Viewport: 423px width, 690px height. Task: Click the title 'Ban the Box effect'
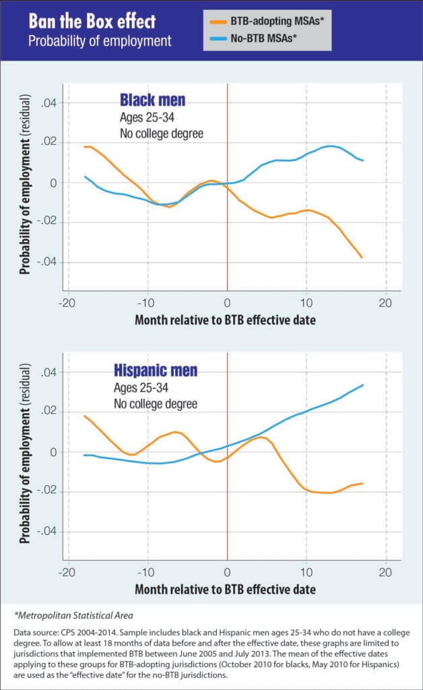(x=88, y=22)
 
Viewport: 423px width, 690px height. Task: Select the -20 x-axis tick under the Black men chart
(x=65, y=303)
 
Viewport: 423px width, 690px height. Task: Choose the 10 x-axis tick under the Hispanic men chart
(x=306, y=572)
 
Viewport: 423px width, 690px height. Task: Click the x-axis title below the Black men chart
(x=225, y=321)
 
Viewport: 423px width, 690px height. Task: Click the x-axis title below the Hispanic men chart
(x=225, y=589)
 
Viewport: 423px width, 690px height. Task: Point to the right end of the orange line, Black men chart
(x=362, y=257)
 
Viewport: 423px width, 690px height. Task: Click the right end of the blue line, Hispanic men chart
(x=363, y=385)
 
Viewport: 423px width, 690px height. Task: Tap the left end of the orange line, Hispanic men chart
(x=84, y=416)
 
